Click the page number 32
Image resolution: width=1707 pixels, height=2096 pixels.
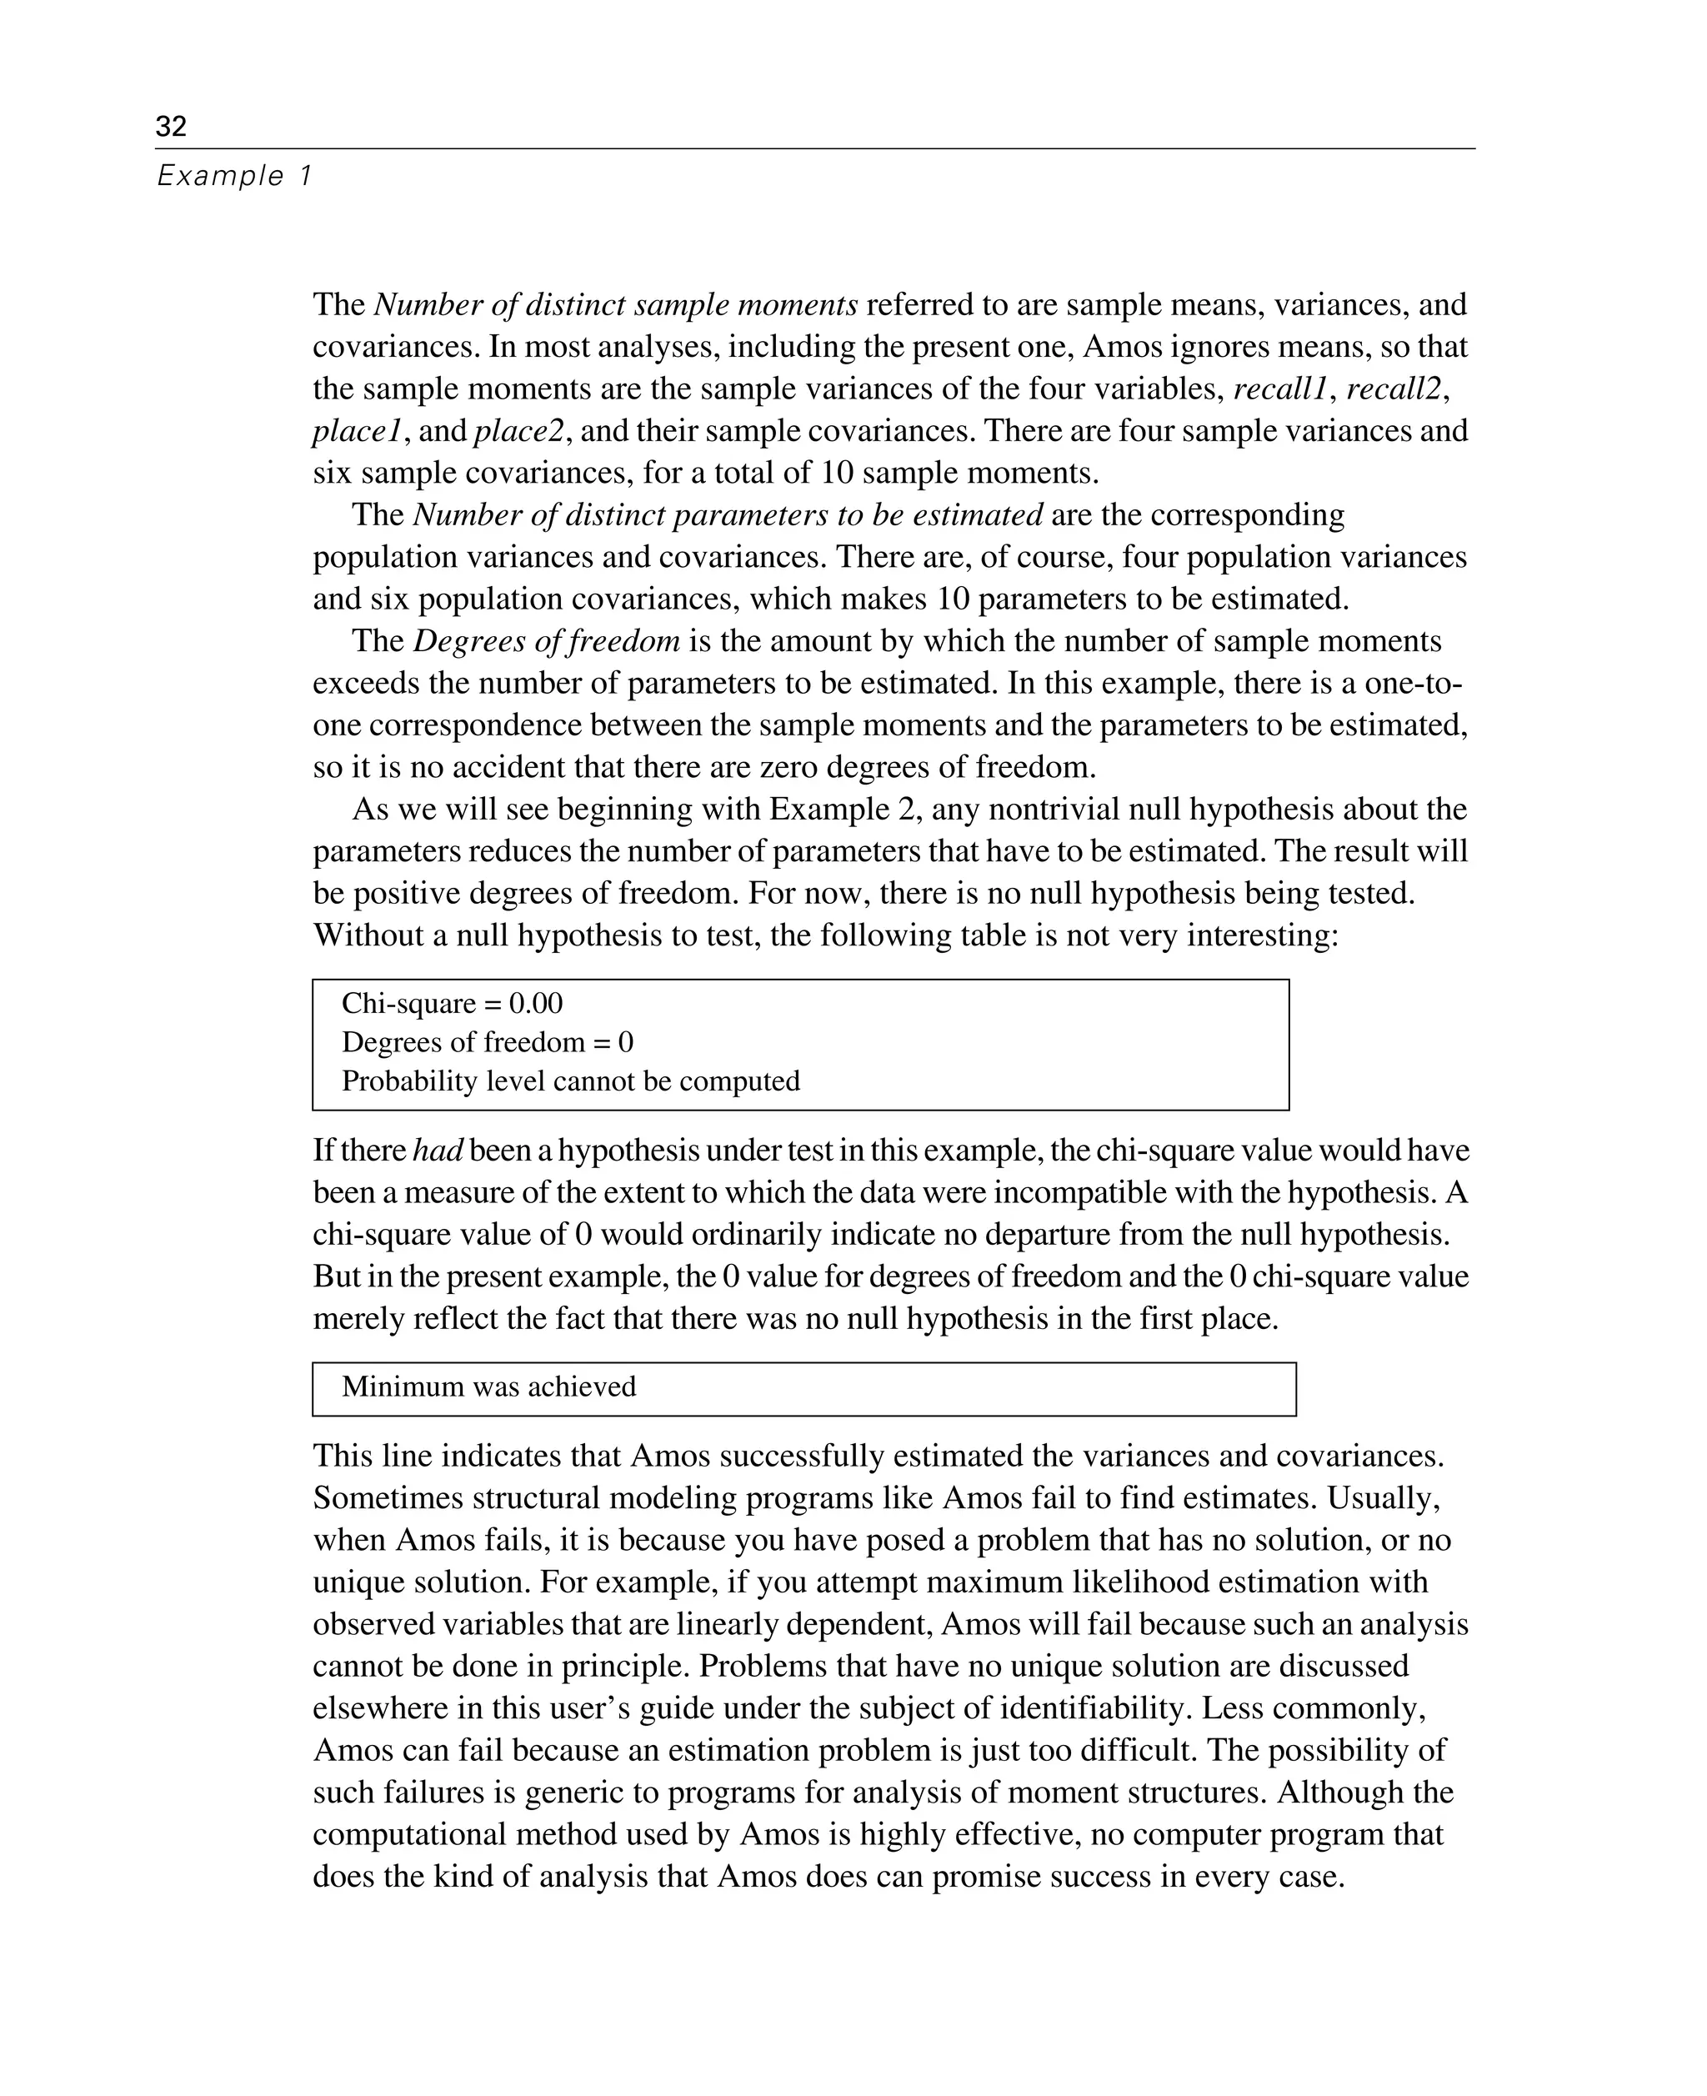point(170,126)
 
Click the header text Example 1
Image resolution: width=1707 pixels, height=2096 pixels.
point(234,176)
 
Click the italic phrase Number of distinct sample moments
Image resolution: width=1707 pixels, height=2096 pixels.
point(616,305)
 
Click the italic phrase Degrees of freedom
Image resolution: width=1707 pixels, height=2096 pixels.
point(546,641)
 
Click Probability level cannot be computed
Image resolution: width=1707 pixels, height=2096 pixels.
point(570,1081)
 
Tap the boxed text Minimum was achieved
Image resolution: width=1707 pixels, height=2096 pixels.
point(488,1386)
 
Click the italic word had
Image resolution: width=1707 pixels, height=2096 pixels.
point(438,1151)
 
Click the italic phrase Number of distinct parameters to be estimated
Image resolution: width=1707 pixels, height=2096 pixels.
point(728,515)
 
